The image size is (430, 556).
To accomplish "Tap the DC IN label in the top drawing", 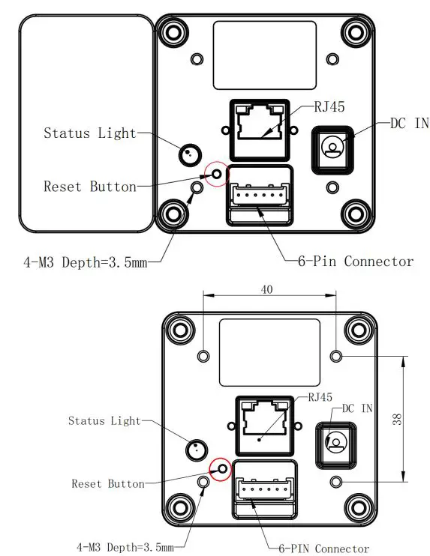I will (409, 124).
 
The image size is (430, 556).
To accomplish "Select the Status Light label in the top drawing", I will (90, 133).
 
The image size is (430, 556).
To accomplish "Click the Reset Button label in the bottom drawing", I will (107, 484).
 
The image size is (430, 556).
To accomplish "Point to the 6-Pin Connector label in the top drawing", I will (356, 262).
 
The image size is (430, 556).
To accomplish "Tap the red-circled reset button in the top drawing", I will (217, 174).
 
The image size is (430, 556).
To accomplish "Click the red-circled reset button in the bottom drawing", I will (221, 469).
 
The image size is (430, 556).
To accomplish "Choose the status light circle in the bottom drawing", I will (195, 450).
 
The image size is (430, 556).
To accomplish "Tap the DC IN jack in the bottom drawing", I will (336, 442).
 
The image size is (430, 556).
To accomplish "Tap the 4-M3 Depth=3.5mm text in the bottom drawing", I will (125, 546).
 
